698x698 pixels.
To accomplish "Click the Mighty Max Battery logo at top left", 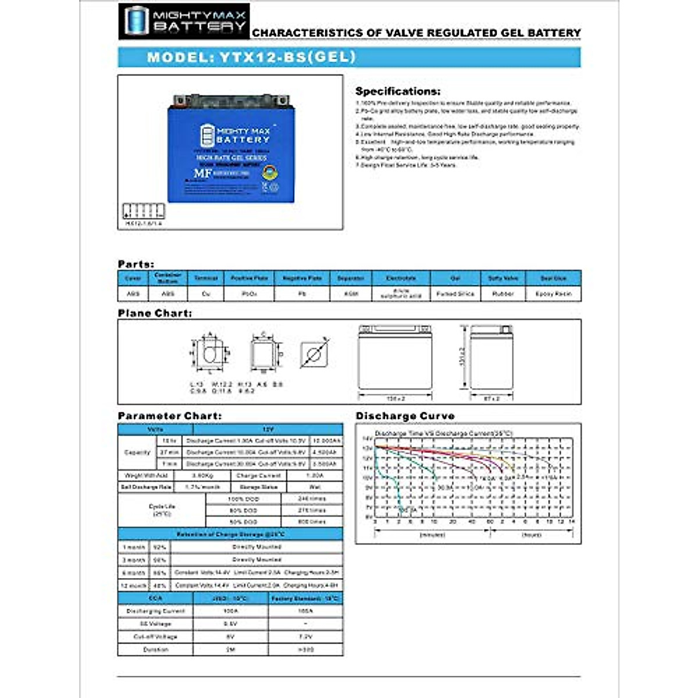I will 184,21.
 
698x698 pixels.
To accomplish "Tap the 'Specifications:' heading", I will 398,91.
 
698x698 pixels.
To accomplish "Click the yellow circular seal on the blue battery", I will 269,173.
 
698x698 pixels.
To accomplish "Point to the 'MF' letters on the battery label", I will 202,173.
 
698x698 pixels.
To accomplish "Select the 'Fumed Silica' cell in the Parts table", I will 455,294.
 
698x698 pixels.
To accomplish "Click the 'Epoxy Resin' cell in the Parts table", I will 553,294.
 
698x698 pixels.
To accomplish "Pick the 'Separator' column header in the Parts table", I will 351,279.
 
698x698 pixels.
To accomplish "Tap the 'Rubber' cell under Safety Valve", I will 503,294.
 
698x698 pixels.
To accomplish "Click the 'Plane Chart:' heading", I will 155,314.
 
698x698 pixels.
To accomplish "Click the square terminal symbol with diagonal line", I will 314,354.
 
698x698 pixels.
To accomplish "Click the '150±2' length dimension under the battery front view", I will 396,398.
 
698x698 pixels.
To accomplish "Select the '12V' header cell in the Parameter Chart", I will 268,429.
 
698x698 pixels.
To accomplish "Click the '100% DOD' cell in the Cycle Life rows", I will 243,499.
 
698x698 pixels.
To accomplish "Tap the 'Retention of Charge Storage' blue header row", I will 230,534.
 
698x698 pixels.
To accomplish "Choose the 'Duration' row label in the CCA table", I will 155,650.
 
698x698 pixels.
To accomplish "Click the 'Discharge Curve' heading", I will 405,416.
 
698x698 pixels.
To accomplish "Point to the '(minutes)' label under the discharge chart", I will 432,535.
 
